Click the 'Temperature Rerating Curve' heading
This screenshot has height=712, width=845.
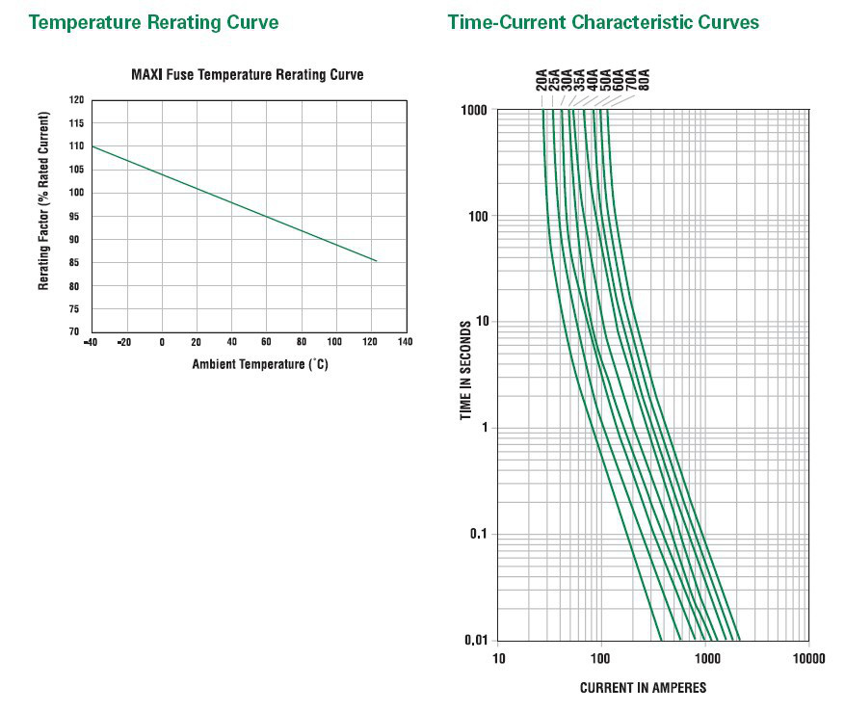click(x=153, y=21)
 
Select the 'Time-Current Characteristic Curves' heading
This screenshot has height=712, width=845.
click(x=602, y=21)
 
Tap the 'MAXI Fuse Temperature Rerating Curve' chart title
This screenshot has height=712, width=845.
click(x=247, y=74)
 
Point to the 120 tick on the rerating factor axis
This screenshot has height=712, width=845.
click(x=76, y=99)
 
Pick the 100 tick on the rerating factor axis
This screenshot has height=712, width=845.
click(x=76, y=193)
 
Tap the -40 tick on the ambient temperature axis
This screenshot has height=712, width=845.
click(x=91, y=342)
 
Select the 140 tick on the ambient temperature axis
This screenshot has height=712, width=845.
click(x=404, y=342)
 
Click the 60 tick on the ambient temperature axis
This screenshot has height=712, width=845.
click(x=266, y=342)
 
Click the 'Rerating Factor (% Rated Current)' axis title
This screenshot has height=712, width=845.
click(x=44, y=201)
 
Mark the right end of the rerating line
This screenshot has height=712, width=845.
click(x=376, y=261)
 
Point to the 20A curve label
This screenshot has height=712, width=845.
click(x=541, y=80)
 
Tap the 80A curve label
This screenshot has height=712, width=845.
click(x=644, y=80)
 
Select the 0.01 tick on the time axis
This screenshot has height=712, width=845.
click(x=476, y=640)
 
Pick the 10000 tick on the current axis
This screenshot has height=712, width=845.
click(x=807, y=659)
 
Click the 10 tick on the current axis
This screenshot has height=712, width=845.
click(x=498, y=659)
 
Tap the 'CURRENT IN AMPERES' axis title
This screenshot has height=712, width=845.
click(x=643, y=688)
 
